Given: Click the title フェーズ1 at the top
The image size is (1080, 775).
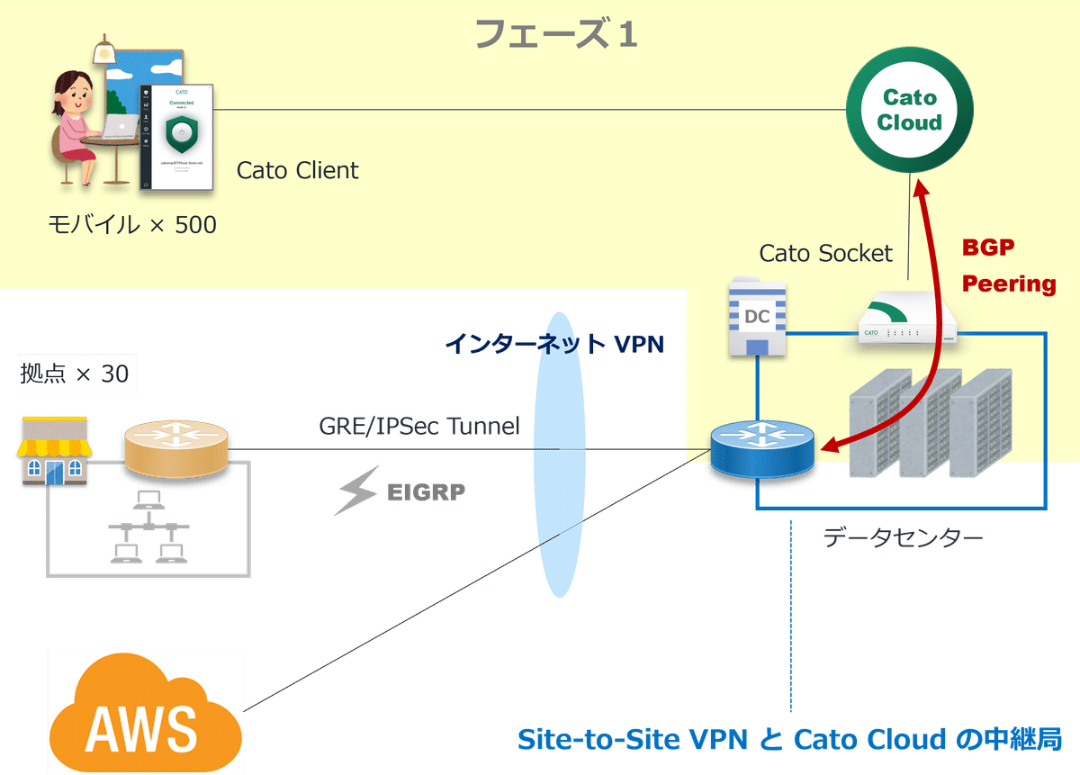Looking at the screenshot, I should (x=555, y=33).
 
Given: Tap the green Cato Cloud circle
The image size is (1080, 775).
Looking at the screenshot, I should (x=909, y=110).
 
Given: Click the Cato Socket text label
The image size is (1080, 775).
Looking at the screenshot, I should (x=826, y=253).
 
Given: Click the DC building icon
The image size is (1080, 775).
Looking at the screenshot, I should (x=757, y=316).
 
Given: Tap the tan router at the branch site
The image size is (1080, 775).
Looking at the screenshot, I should (x=177, y=447).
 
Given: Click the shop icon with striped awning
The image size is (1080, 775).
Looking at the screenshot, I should (x=55, y=451).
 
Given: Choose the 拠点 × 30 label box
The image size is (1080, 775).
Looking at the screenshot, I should (x=75, y=373).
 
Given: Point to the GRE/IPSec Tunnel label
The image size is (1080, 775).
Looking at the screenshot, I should (x=419, y=425).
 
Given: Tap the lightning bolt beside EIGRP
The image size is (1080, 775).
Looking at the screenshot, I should (x=356, y=494).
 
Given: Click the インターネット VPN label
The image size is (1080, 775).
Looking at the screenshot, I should (x=554, y=344).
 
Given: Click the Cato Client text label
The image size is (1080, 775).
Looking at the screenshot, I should (x=297, y=170).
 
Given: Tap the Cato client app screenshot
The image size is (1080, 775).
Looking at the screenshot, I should (x=182, y=137).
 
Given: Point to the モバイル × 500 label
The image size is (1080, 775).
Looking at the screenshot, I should (x=132, y=224).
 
